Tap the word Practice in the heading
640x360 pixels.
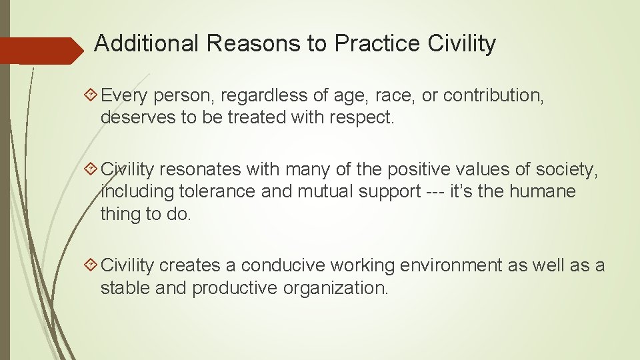tap(377, 44)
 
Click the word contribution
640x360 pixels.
tap(493, 96)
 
